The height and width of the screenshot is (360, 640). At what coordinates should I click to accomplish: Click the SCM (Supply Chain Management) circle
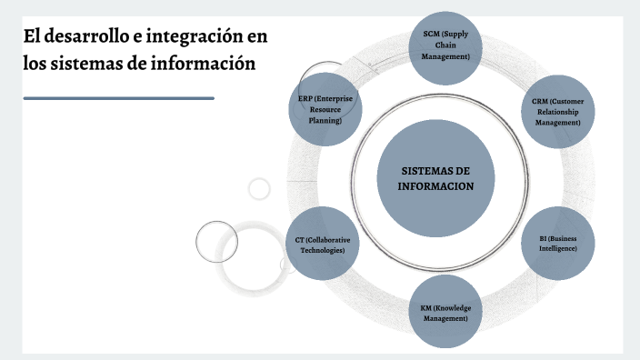[x=445, y=45]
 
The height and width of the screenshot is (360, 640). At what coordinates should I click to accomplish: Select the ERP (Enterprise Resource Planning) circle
[x=325, y=109]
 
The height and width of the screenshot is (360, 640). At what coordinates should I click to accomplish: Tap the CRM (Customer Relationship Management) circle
[x=557, y=112]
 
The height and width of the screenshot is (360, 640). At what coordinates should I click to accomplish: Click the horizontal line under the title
[x=118, y=98]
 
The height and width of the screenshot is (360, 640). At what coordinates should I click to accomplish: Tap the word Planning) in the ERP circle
[x=325, y=120]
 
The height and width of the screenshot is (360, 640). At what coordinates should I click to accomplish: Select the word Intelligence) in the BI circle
[x=557, y=248]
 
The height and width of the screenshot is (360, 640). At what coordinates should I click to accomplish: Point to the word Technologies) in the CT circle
[x=323, y=249]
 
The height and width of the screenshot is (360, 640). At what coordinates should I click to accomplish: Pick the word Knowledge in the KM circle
[x=452, y=307]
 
